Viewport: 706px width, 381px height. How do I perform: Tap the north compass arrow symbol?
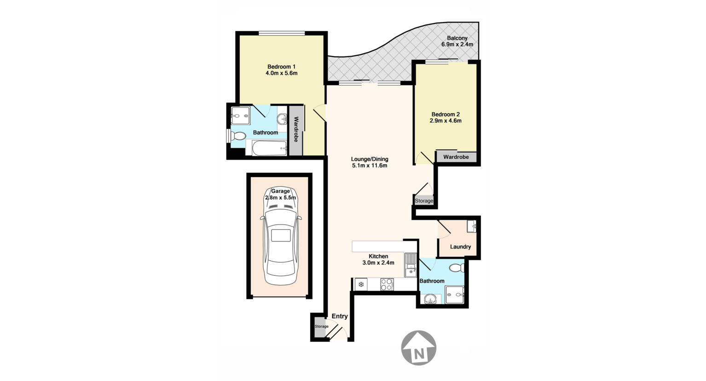[418, 348]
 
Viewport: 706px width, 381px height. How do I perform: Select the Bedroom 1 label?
[281, 66]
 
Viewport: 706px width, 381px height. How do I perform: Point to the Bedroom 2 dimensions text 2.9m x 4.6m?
[445, 121]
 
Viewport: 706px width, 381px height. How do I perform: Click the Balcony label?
[457, 38]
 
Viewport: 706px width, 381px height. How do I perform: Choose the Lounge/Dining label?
[370, 159]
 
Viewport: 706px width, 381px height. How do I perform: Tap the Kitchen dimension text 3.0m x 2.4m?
[378, 263]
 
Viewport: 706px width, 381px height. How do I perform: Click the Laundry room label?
[460, 247]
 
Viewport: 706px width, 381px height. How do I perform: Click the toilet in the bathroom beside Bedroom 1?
[237, 136]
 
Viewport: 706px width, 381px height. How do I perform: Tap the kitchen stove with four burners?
[387, 285]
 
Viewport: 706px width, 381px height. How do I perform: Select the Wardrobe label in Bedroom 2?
[456, 157]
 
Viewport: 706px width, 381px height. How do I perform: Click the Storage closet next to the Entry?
[321, 326]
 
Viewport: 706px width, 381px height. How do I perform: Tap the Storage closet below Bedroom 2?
[424, 201]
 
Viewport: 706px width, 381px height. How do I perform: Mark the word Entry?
[340, 316]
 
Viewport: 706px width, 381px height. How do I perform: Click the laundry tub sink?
[471, 226]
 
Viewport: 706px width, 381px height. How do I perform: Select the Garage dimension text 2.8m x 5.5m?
[280, 197]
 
